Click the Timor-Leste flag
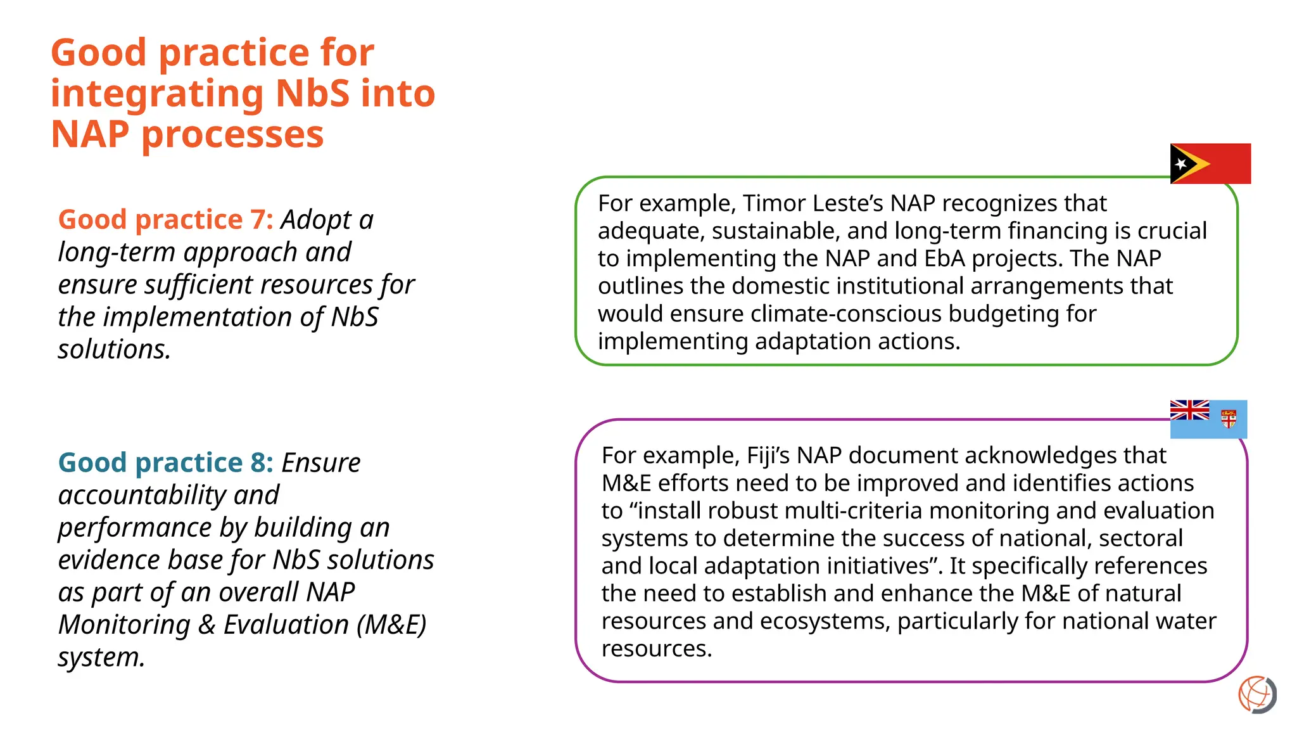point(1210,163)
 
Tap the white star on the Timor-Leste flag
point(1180,163)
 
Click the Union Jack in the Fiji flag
point(1189,410)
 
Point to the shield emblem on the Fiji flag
point(1229,419)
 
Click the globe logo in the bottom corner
point(1257,695)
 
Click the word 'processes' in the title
point(232,134)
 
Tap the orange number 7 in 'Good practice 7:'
point(258,220)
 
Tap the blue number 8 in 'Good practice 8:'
point(258,463)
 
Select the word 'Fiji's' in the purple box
point(768,456)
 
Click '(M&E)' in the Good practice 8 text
point(391,625)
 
